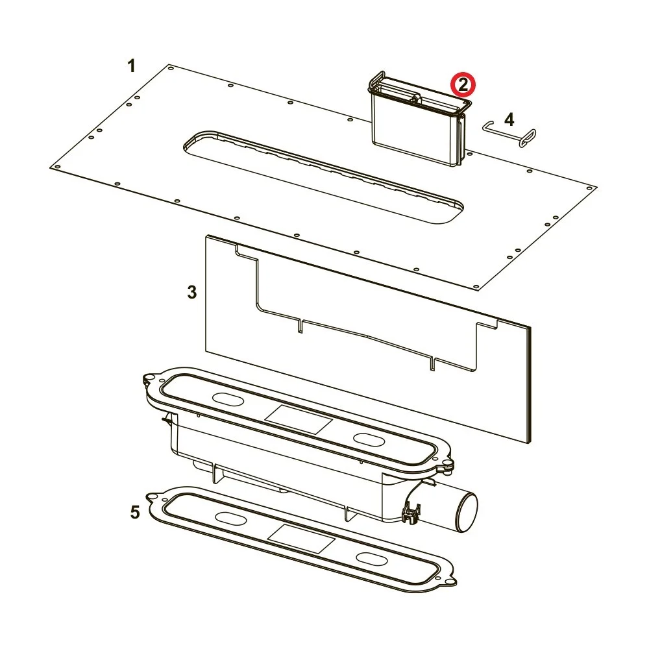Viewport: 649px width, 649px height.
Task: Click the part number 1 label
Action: click(131, 66)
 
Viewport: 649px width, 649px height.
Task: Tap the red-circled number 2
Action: click(463, 84)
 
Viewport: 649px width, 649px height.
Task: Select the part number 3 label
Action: click(191, 292)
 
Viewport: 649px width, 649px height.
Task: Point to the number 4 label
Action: click(509, 119)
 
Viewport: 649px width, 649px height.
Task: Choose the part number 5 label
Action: click(135, 513)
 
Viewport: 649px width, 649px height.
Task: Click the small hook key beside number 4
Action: click(509, 133)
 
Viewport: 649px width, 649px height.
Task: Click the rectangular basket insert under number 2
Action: click(419, 119)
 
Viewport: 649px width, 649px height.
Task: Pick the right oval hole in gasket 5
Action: click(372, 558)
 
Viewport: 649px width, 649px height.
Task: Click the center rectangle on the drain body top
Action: click(299, 419)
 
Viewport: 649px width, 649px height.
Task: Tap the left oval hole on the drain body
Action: click(228, 398)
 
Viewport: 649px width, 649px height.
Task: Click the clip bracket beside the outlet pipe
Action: click(411, 513)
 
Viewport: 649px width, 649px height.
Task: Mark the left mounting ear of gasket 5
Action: click(153, 496)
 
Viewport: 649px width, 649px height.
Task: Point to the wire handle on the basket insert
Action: click(376, 79)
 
